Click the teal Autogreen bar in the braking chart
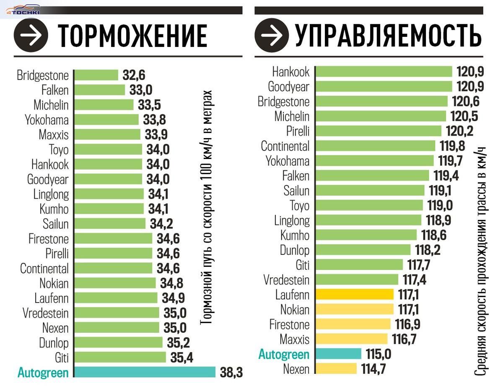click(x=145, y=372)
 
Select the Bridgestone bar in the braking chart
click(x=96, y=75)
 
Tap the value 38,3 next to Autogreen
click(x=231, y=373)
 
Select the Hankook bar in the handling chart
click(x=384, y=71)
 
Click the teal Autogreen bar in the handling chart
click(x=338, y=354)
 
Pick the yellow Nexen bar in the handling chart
click(x=336, y=369)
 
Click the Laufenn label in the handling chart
click(x=292, y=295)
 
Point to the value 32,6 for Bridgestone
click(x=134, y=75)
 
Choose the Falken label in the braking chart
click(x=55, y=90)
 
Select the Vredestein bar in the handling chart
click(x=356, y=279)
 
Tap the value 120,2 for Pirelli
click(x=459, y=131)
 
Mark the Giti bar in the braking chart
click(x=120, y=358)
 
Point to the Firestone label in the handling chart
click(x=289, y=324)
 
